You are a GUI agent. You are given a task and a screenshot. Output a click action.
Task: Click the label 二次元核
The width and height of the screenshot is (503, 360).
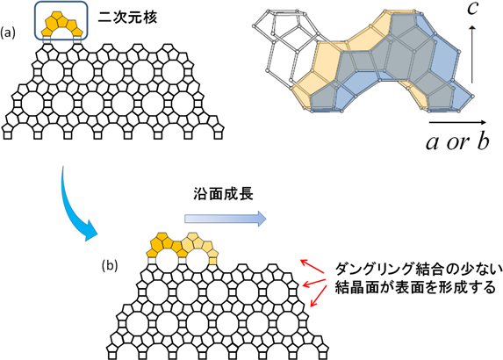127,17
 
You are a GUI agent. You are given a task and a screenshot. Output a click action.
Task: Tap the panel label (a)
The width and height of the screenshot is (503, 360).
8,33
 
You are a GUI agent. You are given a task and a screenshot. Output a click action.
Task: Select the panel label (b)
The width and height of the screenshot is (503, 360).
110,266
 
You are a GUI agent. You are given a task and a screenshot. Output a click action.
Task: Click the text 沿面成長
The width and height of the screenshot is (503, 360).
223,194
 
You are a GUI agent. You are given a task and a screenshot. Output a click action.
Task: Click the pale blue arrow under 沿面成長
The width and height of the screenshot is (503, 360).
226,219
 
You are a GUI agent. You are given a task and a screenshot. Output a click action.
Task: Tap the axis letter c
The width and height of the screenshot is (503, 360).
472,9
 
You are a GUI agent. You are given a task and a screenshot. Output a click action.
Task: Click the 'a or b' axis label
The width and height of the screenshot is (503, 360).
457,142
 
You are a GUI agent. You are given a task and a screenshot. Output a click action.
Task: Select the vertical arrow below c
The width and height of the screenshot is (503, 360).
472,54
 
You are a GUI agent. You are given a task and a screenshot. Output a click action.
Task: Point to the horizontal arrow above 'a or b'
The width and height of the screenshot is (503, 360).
457,122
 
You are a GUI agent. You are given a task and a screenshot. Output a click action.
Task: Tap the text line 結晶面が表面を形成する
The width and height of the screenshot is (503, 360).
415,287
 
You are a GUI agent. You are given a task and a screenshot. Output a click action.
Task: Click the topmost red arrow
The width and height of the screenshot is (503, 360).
312,266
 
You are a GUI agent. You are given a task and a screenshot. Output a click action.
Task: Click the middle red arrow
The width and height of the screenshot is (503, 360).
314,283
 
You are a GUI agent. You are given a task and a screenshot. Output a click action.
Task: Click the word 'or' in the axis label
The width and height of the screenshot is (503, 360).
457,143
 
